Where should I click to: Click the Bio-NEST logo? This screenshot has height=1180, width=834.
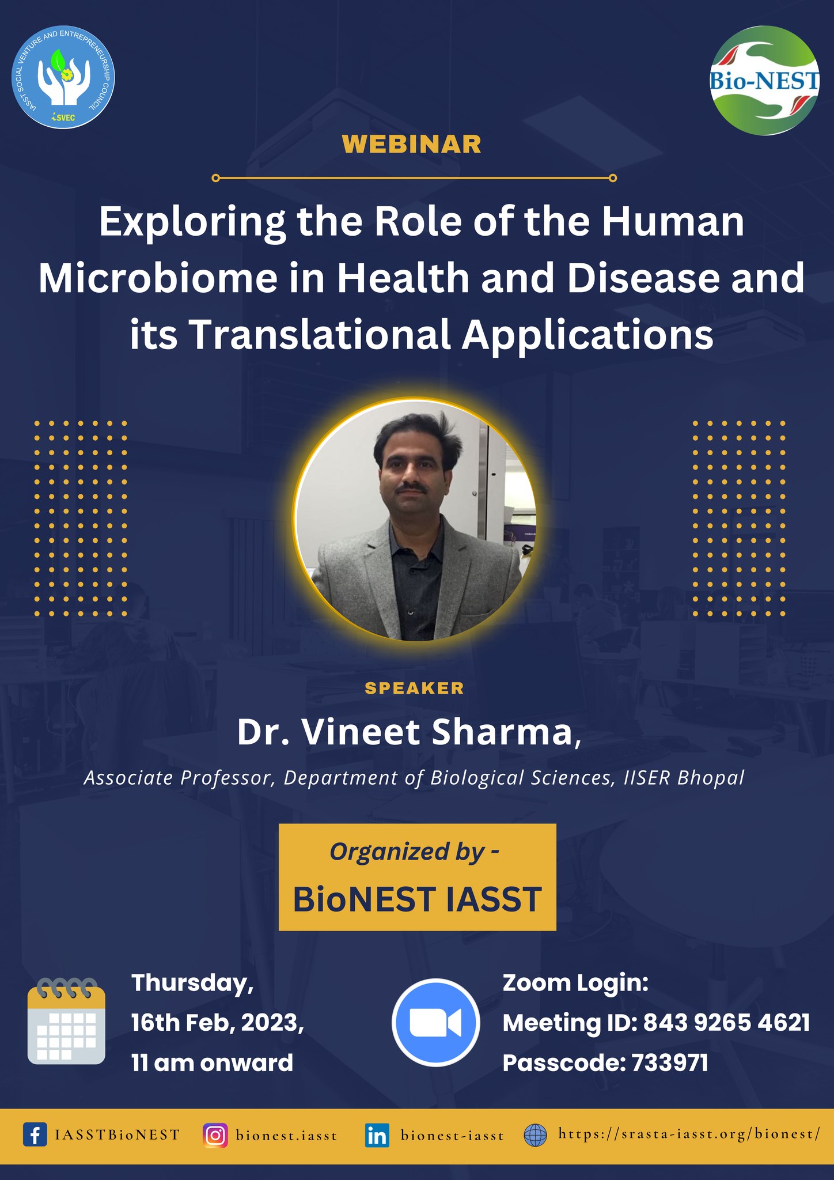764,81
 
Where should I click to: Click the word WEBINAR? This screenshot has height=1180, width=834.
411,144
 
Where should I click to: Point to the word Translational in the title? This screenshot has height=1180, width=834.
320,335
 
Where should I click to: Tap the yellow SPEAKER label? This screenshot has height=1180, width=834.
415,688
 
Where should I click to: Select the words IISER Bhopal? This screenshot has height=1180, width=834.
684,778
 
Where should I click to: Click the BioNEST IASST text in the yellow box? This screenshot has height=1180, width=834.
418,899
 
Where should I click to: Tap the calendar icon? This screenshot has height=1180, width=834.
66,1021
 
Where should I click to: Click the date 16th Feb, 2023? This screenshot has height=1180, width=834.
218,1023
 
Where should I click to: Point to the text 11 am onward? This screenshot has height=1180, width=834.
213,1062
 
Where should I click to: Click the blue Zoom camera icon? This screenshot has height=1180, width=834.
436,1023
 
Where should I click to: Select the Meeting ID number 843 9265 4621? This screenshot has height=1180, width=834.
726,1023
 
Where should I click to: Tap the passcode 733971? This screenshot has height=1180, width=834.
670,1063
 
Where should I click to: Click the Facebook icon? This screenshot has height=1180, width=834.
35,1135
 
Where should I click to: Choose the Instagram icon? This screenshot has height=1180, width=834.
215,1136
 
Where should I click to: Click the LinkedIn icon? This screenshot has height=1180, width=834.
377,1136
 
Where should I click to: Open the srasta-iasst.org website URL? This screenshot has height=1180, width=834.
689,1134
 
